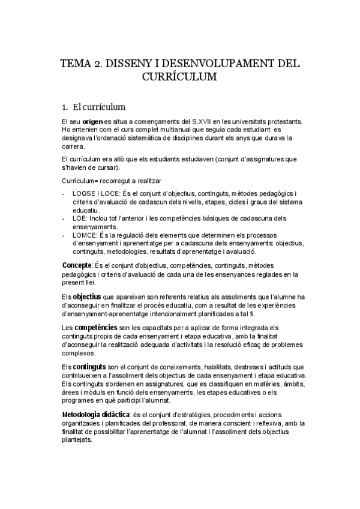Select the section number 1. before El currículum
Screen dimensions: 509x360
65,108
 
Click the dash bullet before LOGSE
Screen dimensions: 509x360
64,193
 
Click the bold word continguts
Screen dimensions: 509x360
90,367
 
